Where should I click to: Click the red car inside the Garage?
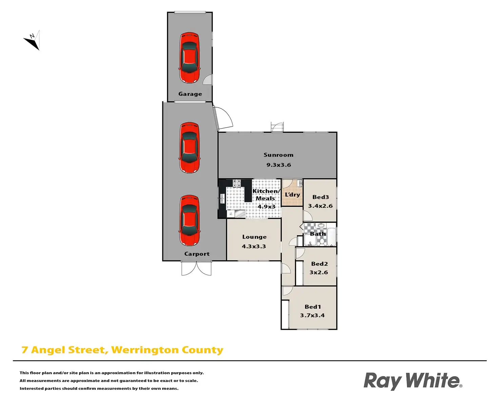[189, 57]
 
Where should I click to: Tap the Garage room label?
[190, 94]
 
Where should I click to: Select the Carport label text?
[197, 254]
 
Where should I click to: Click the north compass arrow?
[33, 40]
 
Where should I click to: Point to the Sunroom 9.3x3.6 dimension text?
[278, 165]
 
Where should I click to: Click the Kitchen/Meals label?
[266, 195]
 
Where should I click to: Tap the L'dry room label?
[292, 195]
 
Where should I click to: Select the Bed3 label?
[320, 197]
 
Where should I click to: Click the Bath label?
[318, 234]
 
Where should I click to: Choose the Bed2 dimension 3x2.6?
[319, 272]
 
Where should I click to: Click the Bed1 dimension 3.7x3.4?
[312, 315]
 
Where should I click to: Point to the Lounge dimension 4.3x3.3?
[254, 247]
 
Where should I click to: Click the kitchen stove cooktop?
[236, 183]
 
